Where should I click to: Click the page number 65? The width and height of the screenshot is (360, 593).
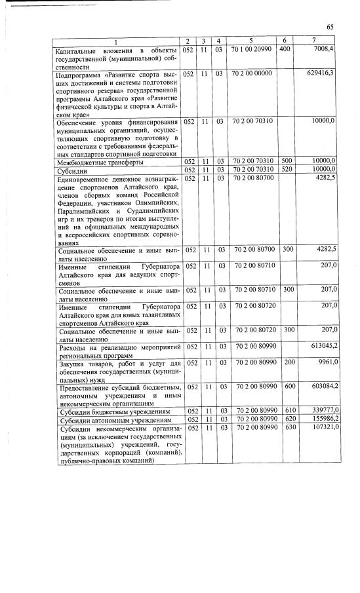(330, 27)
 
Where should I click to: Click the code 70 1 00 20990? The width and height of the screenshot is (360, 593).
(252, 49)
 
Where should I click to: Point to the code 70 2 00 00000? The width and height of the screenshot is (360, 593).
(252, 73)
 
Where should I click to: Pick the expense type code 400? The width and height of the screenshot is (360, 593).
(285, 49)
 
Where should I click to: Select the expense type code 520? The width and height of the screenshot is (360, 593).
(285, 170)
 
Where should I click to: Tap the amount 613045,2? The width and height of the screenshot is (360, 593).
(321, 346)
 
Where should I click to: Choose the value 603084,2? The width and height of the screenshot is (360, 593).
(321, 387)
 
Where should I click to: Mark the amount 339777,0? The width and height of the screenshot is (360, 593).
(321, 411)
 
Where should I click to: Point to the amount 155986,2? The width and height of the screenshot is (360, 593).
(321, 419)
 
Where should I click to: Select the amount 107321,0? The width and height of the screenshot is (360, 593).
(321, 428)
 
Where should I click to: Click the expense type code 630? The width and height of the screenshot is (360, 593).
(285, 428)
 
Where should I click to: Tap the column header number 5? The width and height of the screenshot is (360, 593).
(252, 41)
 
